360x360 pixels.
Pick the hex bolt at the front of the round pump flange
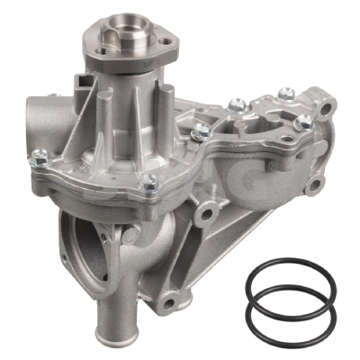pyautogui.click(x=149, y=184)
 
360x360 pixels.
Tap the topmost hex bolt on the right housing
pyautogui.click(x=286, y=93)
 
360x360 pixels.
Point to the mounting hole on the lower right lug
pyautogui.click(x=313, y=186)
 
